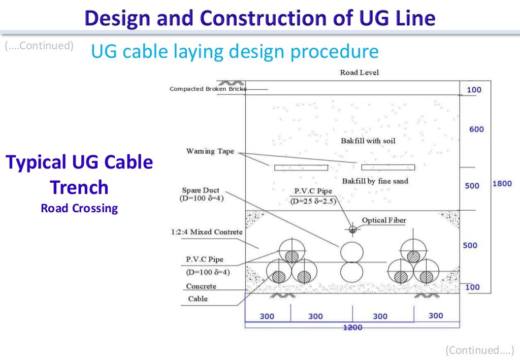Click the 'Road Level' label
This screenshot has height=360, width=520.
pos(359,73)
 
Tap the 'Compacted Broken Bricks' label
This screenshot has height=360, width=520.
pos(208,89)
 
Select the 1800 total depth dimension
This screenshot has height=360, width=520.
pos(502,183)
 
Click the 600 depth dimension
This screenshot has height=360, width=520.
pos(476,129)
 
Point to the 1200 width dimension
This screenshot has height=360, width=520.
pos(352,328)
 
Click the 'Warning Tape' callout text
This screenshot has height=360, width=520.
pos(210,151)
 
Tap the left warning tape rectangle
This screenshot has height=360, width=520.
pos(301,167)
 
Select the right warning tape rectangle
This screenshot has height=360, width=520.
pos(388,167)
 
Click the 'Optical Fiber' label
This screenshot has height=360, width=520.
pos(384,220)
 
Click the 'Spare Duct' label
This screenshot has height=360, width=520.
pos(201,190)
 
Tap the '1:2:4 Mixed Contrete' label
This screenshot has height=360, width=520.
pos(207,232)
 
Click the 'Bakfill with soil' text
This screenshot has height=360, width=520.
pos(368,141)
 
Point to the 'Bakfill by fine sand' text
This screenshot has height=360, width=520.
pos(375,181)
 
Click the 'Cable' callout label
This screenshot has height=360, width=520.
pos(198,299)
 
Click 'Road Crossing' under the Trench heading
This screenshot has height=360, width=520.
pos(79,208)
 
